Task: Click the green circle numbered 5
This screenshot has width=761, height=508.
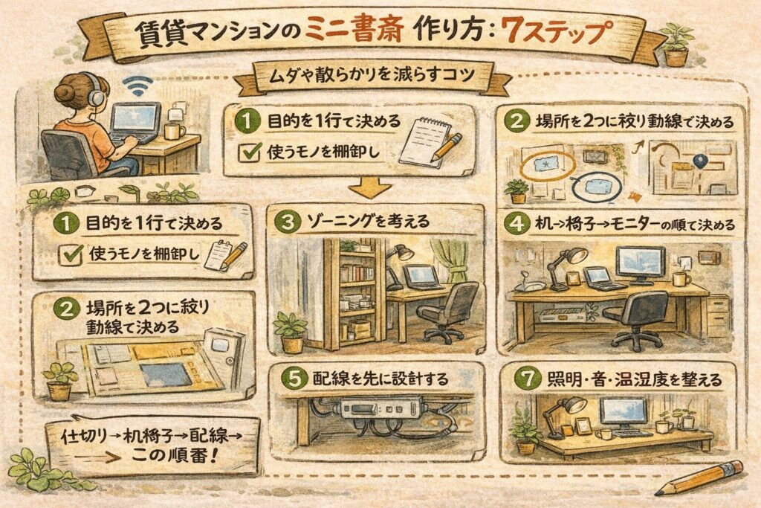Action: pyautogui.click(x=295, y=379)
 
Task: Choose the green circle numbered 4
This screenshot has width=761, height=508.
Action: pyautogui.click(x=517, y=224)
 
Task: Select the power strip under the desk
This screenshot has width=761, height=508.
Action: pyautogui.click(x=383, y=408)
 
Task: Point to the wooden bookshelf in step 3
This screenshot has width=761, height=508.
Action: pyautogui.click(x=352, y=294)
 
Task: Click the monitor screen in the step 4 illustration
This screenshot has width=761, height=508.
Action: pyautogui.click(x=640, y=263)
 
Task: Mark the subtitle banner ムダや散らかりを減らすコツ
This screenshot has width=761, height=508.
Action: pyautogui.click(x=372, y=77)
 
